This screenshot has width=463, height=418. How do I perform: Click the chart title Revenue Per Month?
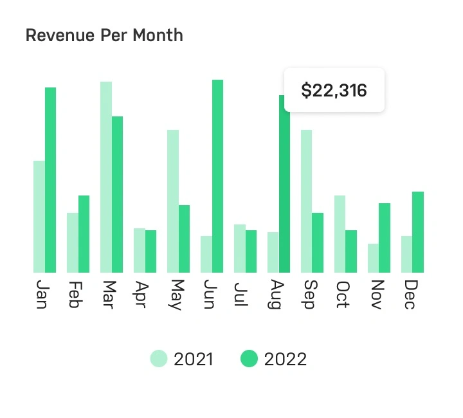[104, 35]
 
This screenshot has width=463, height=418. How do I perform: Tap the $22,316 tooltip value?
[334, 91]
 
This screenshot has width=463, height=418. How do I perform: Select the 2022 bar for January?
[50, 180]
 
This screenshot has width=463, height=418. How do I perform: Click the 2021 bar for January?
[39, 217]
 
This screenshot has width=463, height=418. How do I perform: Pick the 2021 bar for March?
[106, 177]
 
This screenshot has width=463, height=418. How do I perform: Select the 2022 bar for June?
[217, 176]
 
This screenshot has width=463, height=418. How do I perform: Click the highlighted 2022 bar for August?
[284, 184]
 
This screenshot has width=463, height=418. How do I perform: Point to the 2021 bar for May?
[173, 201]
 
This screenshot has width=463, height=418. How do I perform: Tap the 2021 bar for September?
[307, 201]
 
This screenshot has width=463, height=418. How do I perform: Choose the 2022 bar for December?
[418, 232]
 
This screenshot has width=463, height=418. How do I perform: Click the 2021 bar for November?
[373, 258]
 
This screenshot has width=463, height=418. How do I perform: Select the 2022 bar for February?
[84, 234]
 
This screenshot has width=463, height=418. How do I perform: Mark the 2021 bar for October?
[340, 234]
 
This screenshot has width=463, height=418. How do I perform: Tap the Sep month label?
[309, 295]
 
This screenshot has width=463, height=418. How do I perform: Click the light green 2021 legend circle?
[159, 359]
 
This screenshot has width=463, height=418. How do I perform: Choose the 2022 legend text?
[285, 359]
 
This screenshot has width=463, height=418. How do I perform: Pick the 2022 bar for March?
[117, 194]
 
